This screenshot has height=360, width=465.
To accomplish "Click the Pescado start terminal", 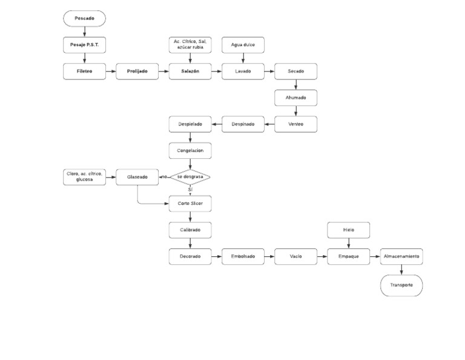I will click(85, 19).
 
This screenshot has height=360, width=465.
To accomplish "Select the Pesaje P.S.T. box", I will click(85, 45).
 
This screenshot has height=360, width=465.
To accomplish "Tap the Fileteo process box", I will click(85, 72).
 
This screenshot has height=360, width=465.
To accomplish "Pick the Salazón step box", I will click(190, 72).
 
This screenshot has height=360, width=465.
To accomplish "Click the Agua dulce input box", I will click(243, 45).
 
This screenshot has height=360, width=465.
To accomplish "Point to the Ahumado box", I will click(295, 98).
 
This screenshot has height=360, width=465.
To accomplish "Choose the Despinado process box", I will click(243, 124).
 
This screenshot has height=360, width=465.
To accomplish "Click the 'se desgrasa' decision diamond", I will click(190, 177).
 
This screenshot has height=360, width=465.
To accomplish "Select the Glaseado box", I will click(137, 177).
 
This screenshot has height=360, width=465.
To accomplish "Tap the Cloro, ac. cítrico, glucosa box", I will click(85, 177).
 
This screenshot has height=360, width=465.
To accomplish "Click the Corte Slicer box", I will click(190, 204).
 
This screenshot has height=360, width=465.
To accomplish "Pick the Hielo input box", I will click(348, 230).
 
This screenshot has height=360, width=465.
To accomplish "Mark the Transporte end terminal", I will click(401, 285).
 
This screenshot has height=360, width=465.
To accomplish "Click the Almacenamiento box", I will click(401, 256).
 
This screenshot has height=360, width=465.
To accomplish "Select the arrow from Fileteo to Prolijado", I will click(111, 72).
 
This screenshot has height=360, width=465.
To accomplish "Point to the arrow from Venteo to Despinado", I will click(269, 124).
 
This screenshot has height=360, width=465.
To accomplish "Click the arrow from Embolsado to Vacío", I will click(269, 256).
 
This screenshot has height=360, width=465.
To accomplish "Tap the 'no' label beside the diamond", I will click(163, 177).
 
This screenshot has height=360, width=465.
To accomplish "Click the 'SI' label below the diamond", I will click(190, 190).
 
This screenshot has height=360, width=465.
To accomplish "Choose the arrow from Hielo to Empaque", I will click(348, 243).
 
